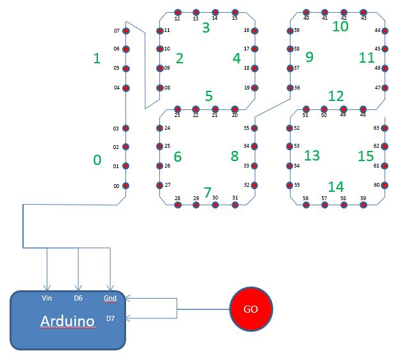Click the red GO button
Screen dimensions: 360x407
[x=251, y=309]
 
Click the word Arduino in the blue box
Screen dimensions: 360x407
[x=68, y=320]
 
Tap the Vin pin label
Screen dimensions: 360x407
[x=47, y=298]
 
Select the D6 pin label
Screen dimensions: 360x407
[x=78, y=298]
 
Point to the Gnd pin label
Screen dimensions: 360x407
[x=110, y=298]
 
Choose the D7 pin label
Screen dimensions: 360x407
[x=111, y=318]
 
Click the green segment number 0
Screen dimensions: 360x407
[x=97, y=160]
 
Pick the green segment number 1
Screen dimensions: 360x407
[x=97, y=59]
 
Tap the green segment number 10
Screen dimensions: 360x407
[x=340, y=26]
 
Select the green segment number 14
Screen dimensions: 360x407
[x=335, y=187]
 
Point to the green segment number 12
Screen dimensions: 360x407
[x=335, y=96]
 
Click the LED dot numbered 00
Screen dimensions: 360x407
[x=126, y=186]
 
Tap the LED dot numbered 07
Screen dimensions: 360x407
[x=126, y=31]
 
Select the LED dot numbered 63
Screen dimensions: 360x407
[x=385, y=128]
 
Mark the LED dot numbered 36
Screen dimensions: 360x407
[x=289, y=88]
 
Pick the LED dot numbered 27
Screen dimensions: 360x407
[x=159, y=185]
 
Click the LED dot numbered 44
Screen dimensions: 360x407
[x=385, y=30]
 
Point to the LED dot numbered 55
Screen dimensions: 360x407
[x=289, y=185]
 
